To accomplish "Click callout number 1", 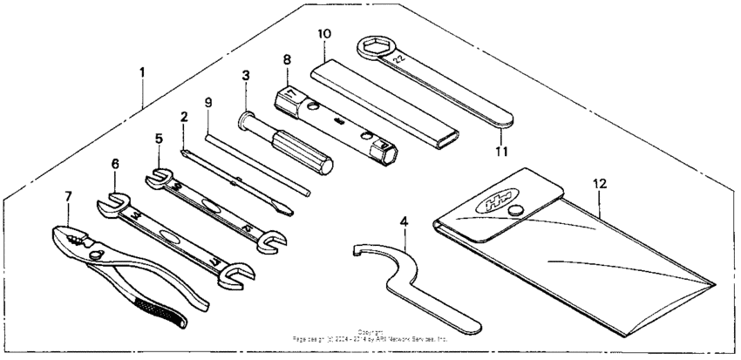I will [x=141, y=71].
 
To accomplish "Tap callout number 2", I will [x=184, y=117].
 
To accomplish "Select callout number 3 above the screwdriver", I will [x=247, y=75].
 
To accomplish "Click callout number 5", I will [x=158, y=138].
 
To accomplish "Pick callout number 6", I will [x=115, y=162].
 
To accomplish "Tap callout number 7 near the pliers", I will [x=68, y=197].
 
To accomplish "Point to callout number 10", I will [x=324, y=34].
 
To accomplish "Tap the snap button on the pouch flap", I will [x=518, y=208].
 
